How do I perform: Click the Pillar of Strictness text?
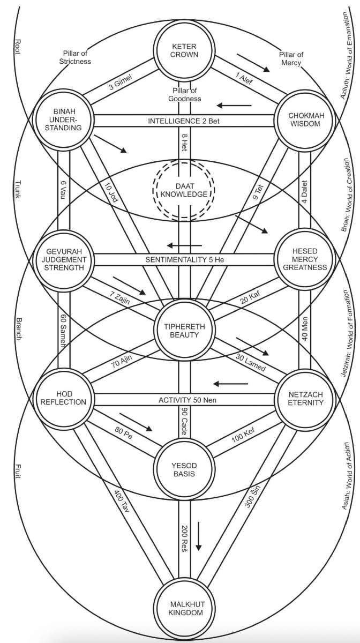(75, 58)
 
